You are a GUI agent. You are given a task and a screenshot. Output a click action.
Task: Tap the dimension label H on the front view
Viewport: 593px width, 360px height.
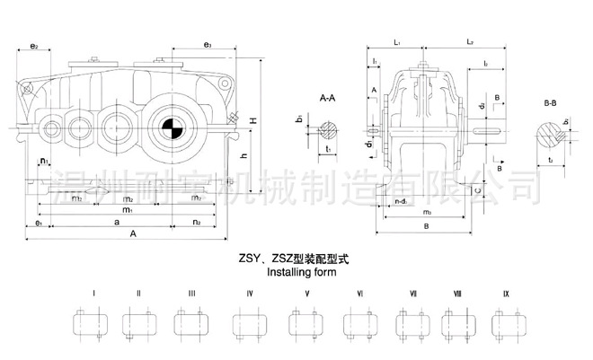point(255,120)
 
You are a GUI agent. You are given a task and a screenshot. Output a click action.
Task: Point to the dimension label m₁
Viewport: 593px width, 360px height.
point(128,209)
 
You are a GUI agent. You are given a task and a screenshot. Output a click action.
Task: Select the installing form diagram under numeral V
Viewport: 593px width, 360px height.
point(307,323)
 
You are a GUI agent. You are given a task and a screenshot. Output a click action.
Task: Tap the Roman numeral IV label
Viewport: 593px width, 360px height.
point(251,294)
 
